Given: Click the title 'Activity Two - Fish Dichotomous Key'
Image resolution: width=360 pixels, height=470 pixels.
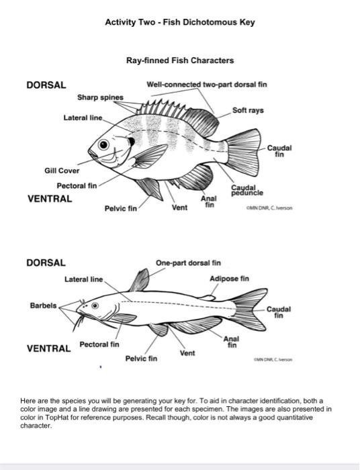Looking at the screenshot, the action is point(180,22).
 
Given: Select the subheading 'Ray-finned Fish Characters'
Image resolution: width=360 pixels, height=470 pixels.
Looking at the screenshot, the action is point(180,60).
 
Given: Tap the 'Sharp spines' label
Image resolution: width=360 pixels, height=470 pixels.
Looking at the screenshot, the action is point(100,97).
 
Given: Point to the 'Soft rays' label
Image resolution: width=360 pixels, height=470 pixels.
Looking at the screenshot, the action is point(248,109).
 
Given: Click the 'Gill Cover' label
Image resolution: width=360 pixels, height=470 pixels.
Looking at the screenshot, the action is point(62,171).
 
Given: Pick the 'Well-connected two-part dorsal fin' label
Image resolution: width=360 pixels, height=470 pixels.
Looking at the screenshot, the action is point(207,85).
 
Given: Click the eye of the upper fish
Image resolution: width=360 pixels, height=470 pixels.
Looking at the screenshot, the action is point(104,145).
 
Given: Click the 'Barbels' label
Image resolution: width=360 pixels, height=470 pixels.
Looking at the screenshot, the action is point(43,305).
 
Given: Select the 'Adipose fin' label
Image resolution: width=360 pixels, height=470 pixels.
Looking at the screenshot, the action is point(229,278).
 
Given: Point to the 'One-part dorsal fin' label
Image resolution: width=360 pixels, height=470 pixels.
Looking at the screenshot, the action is point(188,263).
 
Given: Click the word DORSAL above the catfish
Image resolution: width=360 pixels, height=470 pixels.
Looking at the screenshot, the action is point(46,263).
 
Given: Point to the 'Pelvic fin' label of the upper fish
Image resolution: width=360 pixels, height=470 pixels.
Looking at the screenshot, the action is point(120,209).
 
